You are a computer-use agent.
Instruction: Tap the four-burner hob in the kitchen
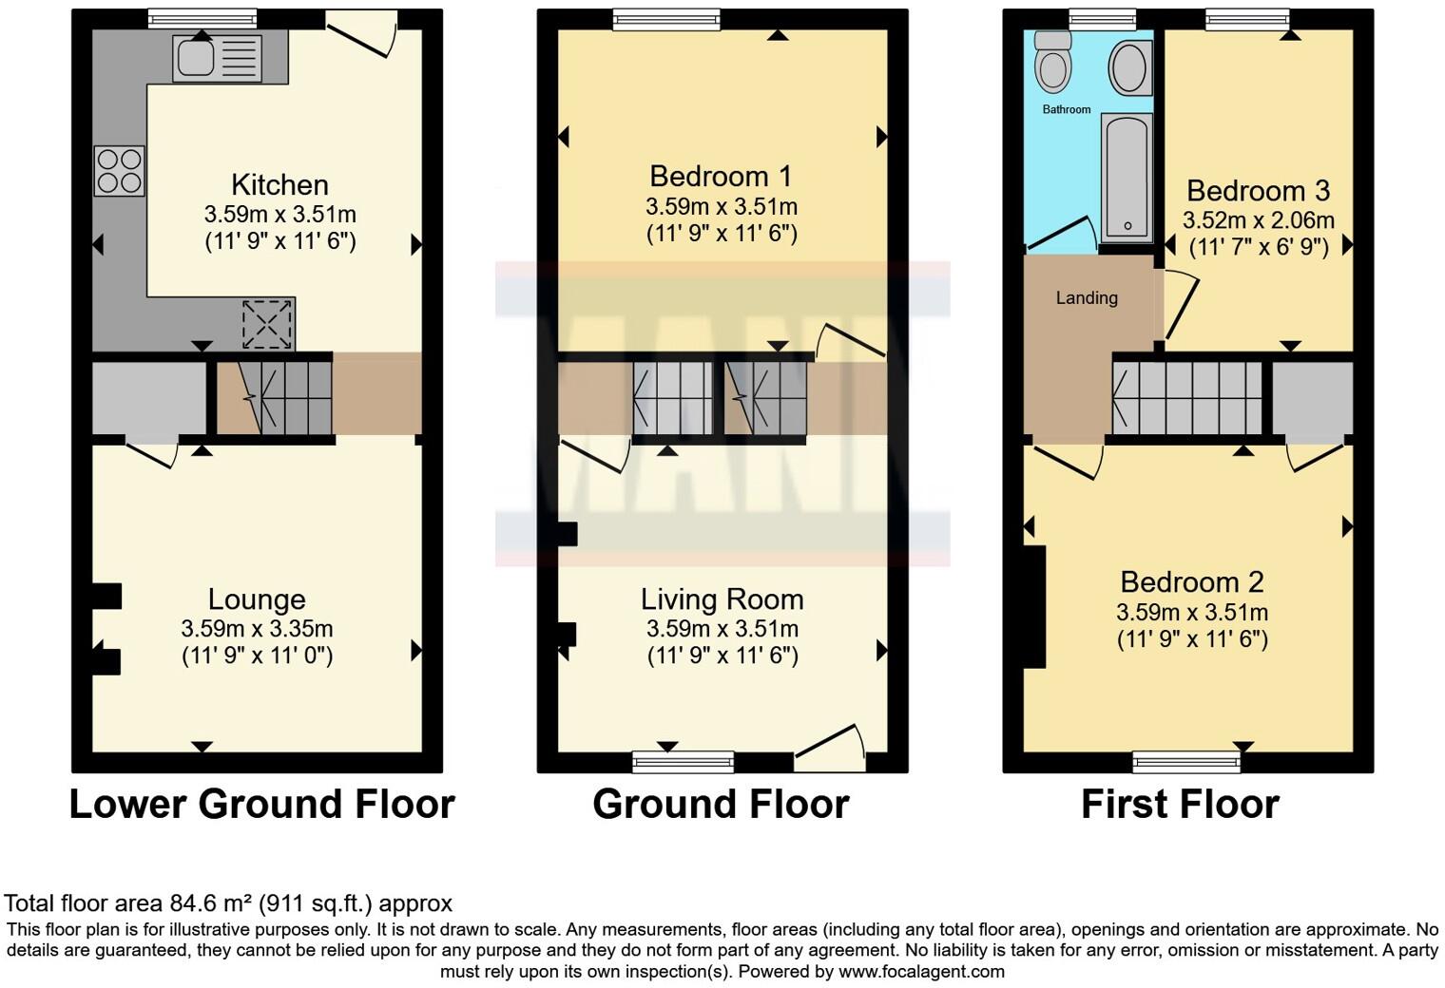pos(120,171)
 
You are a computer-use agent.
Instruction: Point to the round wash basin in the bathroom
pos(1129,66)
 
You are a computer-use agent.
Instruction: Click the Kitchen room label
pos(279,184)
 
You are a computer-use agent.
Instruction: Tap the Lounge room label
pos(257,599)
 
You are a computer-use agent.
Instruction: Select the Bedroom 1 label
pos(721,176)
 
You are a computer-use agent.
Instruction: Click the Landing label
pos(1087,298)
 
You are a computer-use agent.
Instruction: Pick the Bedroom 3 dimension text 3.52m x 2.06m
pos(1258,220)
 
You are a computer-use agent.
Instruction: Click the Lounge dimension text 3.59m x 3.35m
pos(257,628)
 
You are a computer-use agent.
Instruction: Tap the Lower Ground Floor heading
pos(261,805)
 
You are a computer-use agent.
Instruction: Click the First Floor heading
pos(1180,805)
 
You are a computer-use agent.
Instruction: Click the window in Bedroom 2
pos(1186,761)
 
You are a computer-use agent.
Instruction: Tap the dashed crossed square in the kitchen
pos(267,324)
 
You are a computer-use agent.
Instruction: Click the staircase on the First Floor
pos(1187,397)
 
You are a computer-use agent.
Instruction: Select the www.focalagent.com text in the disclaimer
pos(921,971)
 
